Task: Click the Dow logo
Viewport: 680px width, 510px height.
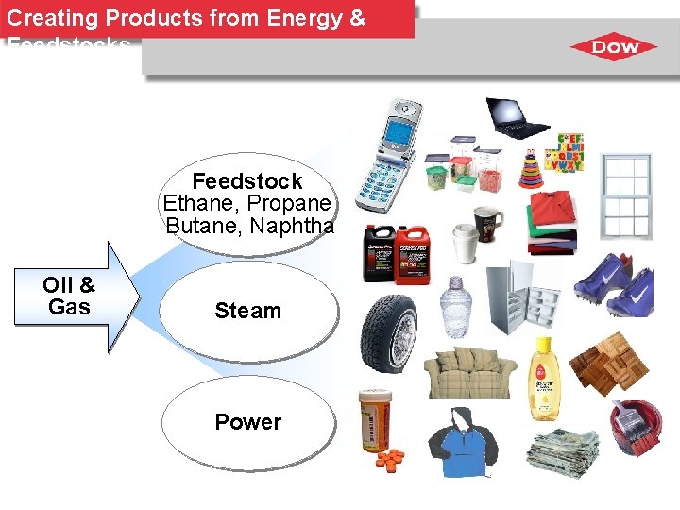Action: coord(617,47)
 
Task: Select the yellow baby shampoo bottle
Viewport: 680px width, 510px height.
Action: coord(545,378)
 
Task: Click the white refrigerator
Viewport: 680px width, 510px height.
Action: coord(521,300)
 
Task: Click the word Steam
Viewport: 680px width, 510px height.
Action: coord(247,311)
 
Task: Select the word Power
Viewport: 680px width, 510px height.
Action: coord(247,422)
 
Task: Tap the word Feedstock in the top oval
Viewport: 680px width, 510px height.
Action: coord(247,181)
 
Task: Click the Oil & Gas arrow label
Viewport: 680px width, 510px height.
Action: coord(69,296)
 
